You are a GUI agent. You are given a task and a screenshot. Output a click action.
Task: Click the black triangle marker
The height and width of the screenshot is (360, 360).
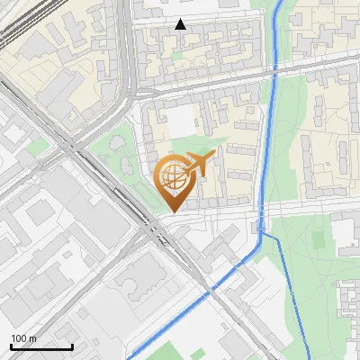(181, 24)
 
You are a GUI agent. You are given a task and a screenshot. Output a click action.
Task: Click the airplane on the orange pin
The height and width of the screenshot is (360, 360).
(199, 163)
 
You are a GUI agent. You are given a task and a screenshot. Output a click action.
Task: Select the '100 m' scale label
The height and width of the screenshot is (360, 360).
(24, 338)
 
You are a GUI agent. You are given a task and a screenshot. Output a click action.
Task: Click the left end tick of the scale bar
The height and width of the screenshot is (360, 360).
(11, 346)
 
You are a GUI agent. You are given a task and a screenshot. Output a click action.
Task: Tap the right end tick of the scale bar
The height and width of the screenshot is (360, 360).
(72, 346)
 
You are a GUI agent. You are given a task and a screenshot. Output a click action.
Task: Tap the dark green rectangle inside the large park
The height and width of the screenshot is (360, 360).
(317, 239)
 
